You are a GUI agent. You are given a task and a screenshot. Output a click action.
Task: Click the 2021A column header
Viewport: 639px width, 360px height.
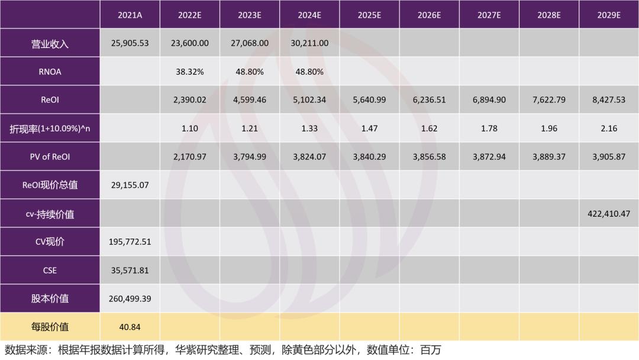pyautogui.click(x=130, y=15)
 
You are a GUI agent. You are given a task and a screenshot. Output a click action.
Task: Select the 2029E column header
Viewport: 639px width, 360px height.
pyautogui.click(x=608, y=15)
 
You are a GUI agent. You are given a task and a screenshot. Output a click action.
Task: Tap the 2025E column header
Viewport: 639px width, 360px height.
pyautogui.click(x=369, y=15)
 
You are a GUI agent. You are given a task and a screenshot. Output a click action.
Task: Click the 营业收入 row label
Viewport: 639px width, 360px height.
pyautogui.click(x=50, y=44)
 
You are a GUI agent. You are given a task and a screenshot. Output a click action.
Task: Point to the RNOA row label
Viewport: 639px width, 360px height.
pyautogui.click(x=50, y=72)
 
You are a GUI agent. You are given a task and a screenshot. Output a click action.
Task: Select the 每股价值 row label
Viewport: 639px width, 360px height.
pyautogui.click(x=50, y=327)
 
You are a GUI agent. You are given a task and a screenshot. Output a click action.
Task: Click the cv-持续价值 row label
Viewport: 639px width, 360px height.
pyautogui.click(x=50, y=214)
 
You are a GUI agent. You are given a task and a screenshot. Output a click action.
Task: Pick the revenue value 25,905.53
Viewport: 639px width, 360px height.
pyautogui.click(x=130, y=43)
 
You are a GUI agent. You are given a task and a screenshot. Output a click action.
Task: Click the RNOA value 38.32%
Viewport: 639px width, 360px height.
pyautogui.click(x=189, y=72)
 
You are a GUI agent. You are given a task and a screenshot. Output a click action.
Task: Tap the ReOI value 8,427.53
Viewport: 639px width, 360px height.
pyautogui.click(x=608, y=100)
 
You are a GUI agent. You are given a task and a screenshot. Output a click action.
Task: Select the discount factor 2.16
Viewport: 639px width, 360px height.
pyautogui.click(x=608, y=128)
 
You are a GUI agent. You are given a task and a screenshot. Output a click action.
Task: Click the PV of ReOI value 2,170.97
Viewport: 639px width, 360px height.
pyautogui.click(x=189, y=157)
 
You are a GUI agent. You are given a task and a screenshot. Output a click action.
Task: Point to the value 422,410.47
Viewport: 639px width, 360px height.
pyautogui.click(x=608, y=213)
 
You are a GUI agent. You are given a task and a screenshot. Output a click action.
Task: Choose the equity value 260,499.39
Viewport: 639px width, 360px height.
pyautogui.click(x=130, y=298)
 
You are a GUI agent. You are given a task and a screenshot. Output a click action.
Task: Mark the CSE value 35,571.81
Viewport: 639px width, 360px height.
pyautogui.click(x=130, y=270)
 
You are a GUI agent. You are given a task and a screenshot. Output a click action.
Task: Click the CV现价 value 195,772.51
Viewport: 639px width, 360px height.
pyautogui.click(x=130, y=242)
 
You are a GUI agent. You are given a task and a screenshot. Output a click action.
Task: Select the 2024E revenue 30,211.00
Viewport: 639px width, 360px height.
pyautogui.click(x=309, y=43)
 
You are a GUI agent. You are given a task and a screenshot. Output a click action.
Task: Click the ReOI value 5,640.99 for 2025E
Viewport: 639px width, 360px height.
pyautogui.click(x=369, y=100)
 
